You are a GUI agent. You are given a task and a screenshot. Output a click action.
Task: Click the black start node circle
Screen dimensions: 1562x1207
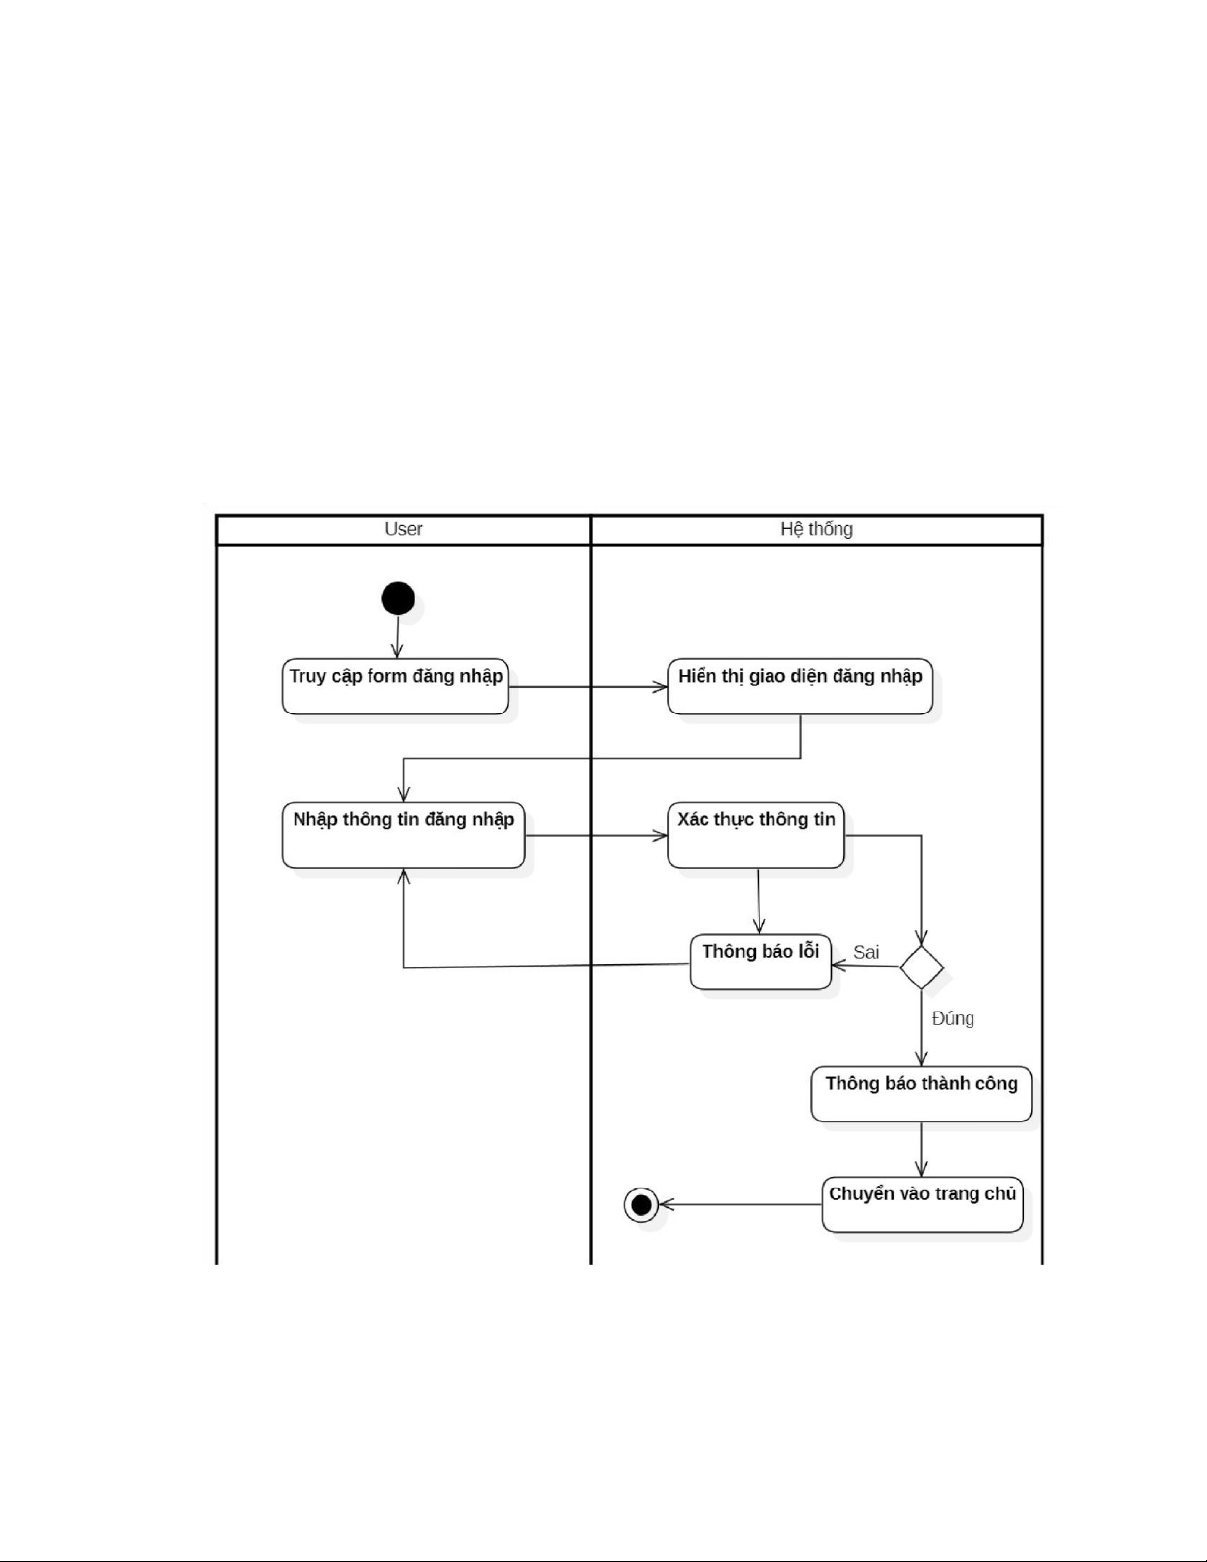tap(398, 598)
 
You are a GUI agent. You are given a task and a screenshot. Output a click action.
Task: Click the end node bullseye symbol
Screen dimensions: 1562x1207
tap(641, 1204)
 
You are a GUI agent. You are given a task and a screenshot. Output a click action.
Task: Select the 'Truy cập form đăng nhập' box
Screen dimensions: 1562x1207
tap(395, 686)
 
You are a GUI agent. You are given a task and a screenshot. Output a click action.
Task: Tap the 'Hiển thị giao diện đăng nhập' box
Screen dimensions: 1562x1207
tap(800, 686)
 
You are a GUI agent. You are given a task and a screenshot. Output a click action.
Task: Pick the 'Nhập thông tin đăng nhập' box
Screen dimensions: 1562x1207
tap(403, 836)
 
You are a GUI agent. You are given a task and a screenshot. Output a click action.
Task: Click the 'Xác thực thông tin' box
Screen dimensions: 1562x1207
tap(756, 836)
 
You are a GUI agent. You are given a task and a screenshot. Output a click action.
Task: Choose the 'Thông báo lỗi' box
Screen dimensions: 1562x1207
tap(760, 962)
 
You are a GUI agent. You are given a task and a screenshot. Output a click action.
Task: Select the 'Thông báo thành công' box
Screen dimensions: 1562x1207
tap(920, 1093)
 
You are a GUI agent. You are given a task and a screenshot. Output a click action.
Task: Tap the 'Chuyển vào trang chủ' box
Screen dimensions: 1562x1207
tap(922, 1203)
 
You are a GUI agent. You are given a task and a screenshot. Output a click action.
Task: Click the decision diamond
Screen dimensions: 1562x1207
tap(921, 967)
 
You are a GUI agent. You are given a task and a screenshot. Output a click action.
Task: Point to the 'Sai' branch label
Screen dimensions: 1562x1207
tap(866, 952)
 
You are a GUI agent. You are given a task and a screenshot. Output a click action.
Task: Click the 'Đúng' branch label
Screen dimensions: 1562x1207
tap(953, 1018)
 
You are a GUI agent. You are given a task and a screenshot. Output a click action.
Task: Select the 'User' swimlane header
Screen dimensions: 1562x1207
tap(403, 529)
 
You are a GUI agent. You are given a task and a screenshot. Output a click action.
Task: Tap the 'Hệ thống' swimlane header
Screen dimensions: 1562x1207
tap(816, 529)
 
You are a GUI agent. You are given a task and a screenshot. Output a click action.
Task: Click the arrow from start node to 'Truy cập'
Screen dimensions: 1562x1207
tap(397, 637)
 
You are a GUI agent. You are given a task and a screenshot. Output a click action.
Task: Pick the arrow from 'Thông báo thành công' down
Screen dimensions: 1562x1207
tap(921, 1148)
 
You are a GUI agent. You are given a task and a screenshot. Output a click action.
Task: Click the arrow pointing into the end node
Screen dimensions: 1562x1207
tap(739, 1204)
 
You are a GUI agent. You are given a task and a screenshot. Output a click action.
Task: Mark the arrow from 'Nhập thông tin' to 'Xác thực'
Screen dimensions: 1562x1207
tap(596, 836)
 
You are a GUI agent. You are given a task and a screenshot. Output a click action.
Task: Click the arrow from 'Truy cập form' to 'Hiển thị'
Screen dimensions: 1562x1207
tap(588, 687)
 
